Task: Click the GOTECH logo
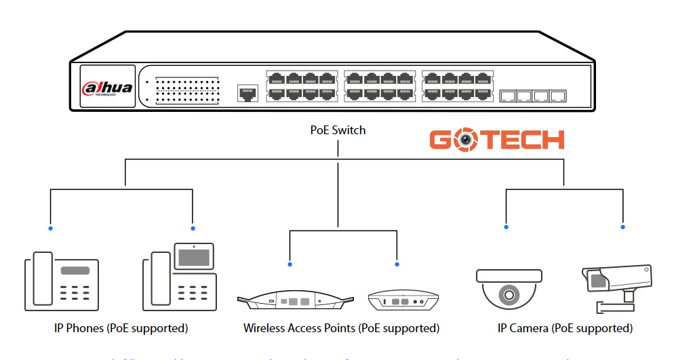pyautogui.click(x=496, y=139)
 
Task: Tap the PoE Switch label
pyautogui.click(x=338, y=130)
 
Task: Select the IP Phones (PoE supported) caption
pyautogui.click(x=121, y=328)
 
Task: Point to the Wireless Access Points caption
pyautogui.click(x=341, y=328)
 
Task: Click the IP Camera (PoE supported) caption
pyautogui.click(x=565, y=328)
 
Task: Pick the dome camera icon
pyautogui.click(x=508, y=287)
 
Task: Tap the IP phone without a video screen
pyautogui.click(x=62, y=281)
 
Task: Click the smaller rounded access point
pyautogui.click(x=402, y=300)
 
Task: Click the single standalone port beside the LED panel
pyautogui.click(x=247, y=93)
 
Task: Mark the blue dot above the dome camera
pyautogui.click(x=506, y=227)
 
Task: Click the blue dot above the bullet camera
pyautogui.click(x=622, y=227)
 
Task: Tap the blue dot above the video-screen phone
pyautogui.click(x=193, y=228)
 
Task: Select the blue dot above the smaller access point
pyautogui.click(x=397, y=264)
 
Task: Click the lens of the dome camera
pyautogui.click(x=508, y=295)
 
